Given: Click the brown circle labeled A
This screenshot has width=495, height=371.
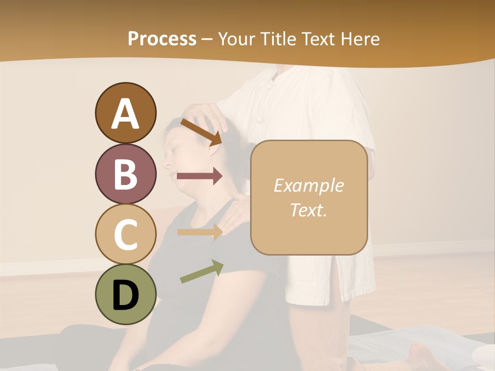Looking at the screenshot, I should coord(125,113).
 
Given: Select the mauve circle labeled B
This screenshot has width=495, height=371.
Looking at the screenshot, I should coord(125,174).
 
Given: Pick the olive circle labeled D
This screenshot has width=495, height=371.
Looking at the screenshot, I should coord(125,294).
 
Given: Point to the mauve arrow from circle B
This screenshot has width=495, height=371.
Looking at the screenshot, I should coord(200,176).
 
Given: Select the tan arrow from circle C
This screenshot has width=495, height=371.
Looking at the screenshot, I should coord(200,232).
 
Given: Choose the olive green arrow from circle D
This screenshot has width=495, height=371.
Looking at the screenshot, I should coord(202,272).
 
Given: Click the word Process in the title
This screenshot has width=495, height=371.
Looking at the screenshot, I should coord(162,39).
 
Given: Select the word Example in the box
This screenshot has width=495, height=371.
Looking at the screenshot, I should coord(308,185).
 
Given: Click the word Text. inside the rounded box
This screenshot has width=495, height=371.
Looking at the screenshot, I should coord(308,210).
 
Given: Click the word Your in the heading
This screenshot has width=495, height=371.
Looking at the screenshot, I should coord(235,39).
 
